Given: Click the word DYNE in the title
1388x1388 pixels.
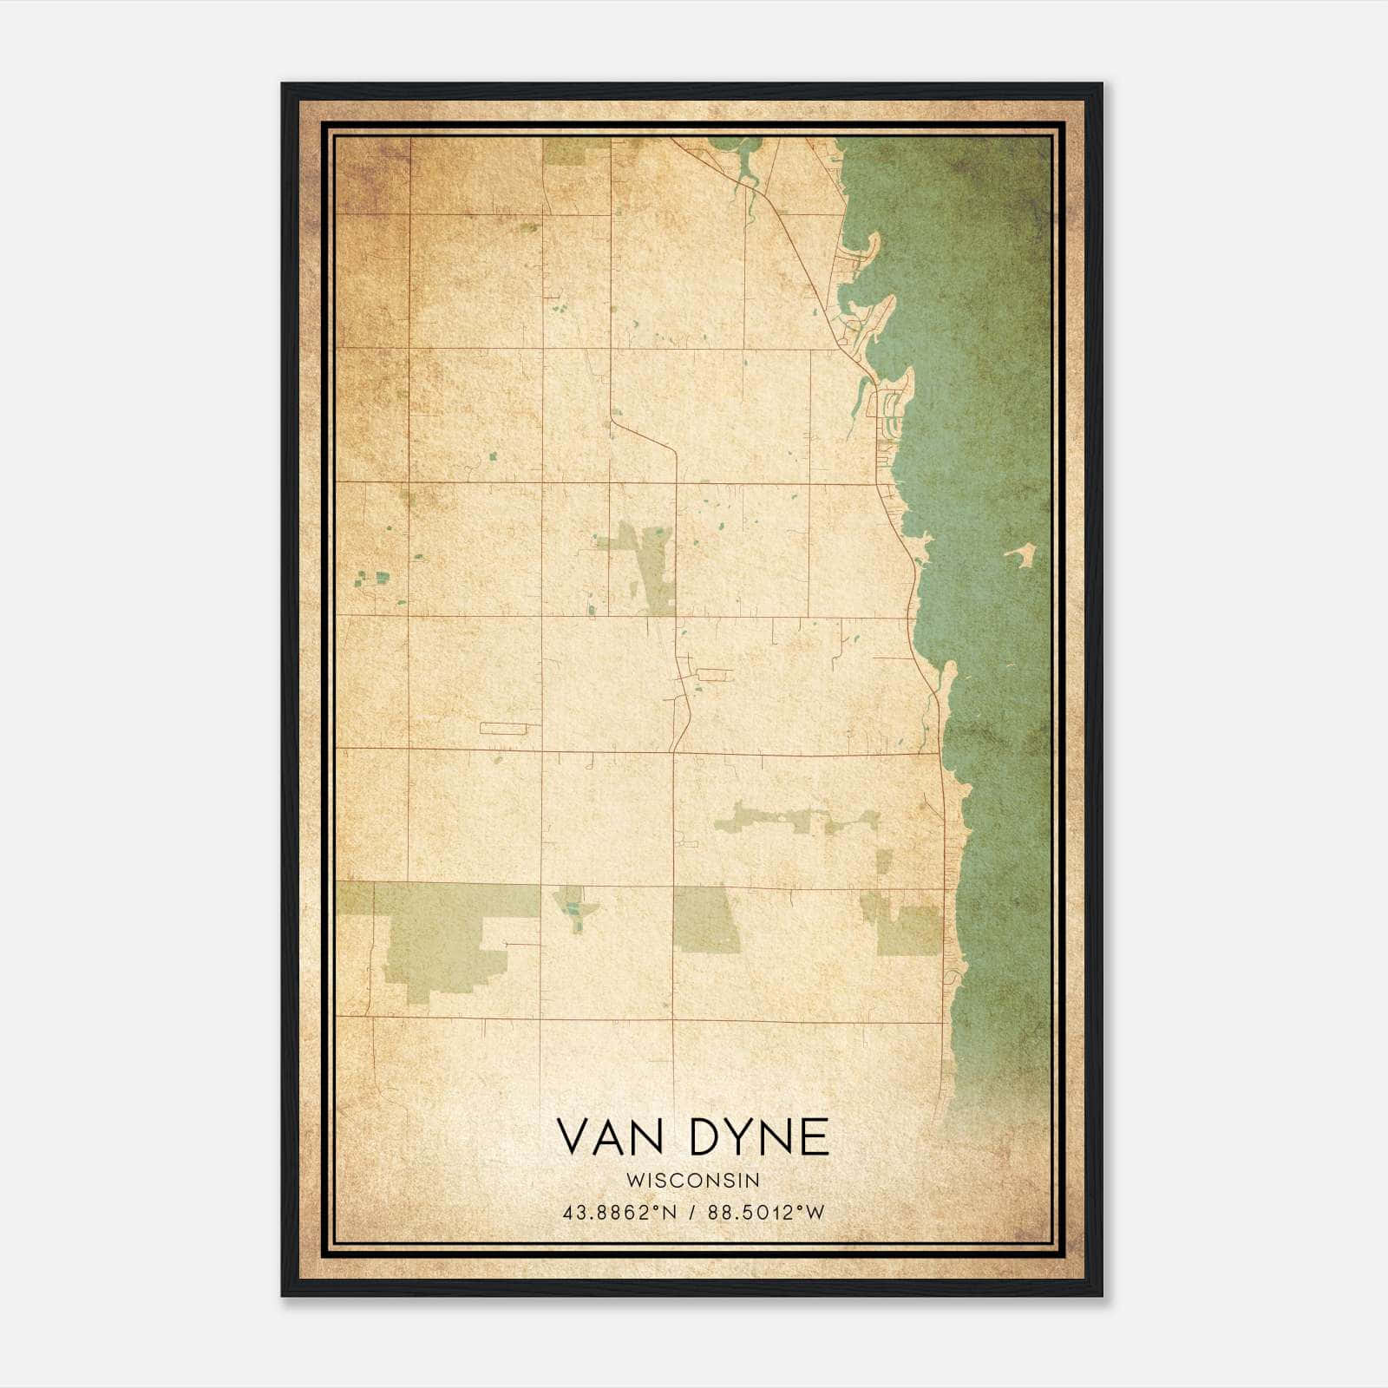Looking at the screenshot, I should (x=760, y=1137).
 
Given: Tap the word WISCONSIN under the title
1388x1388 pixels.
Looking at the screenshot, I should (x=691, y=1181).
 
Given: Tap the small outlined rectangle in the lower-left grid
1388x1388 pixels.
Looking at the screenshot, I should (x=503, y=727).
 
